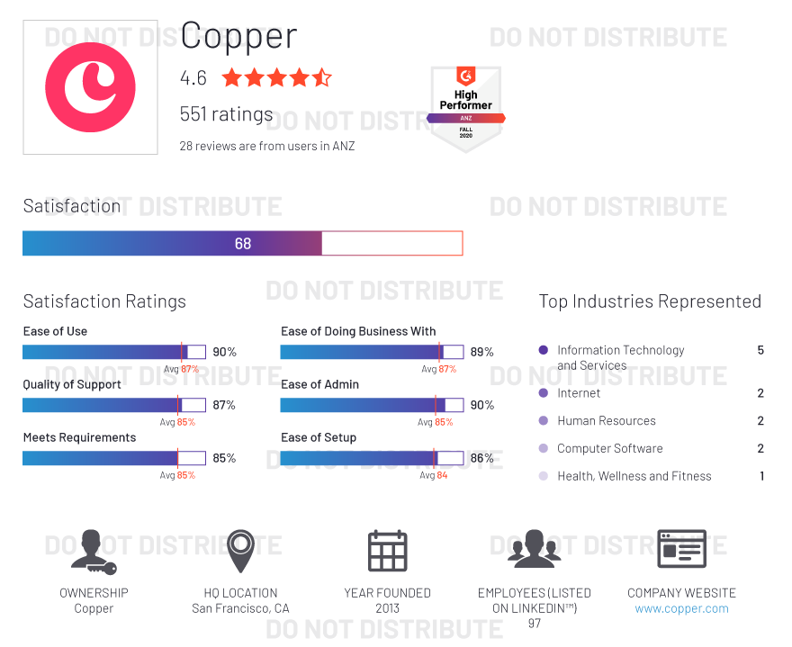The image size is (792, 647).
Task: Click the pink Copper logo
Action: click(90, 87)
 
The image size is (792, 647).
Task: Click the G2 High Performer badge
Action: click(465, 106)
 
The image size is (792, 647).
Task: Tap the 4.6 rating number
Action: click(193, 78)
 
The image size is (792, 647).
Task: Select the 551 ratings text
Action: click(226, 114)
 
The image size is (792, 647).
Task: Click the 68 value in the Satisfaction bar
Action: click(243, 244)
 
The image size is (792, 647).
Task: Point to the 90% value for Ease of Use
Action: click(224, 352)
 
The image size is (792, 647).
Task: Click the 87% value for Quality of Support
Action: click(224, 405)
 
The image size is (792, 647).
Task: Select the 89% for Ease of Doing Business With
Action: click(481, 352)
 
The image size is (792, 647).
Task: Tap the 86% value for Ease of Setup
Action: click(481, 458)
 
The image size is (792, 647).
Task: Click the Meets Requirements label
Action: click(79, 437)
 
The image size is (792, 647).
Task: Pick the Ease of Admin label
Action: click(319, 384)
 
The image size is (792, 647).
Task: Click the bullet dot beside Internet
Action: click(543, 393)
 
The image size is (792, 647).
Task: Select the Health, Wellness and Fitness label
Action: click(634, 476)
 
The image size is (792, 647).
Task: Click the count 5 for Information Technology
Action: click(760, 350)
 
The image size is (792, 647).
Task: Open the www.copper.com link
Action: click(681, 608)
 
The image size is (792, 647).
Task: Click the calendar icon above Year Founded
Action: click(387, 551)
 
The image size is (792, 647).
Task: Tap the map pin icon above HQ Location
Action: click(240, 551)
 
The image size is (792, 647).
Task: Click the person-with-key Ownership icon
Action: click(94, 551)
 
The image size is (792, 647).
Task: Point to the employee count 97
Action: click(535, 624)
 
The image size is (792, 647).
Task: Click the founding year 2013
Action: click(387, 608)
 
